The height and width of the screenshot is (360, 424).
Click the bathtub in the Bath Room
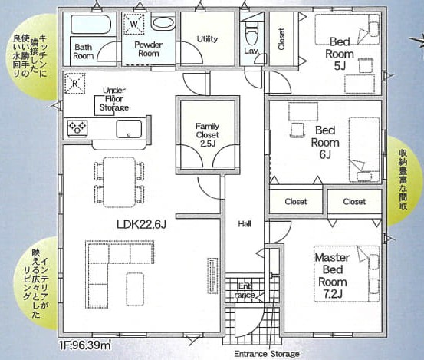pos(90,25)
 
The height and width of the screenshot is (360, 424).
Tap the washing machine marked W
pos(134,24)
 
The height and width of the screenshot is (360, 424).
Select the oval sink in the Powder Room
pos(163,23)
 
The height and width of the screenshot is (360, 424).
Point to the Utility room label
pos(207,39)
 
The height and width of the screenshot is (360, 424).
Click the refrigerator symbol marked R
pos(75,84)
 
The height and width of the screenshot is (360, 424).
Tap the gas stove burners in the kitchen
pos(77,127)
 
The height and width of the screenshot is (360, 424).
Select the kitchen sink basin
pos(129,129)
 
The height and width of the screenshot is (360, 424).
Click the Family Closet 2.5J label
pos(208,134)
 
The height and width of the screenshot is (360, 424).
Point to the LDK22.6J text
pos(141,224)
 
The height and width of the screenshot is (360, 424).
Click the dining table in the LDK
pos(120,182)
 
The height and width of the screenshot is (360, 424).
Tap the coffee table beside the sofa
pos(135,289)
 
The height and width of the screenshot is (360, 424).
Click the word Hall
pos(245,224)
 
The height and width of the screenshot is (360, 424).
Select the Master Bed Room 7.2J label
pos(333,276)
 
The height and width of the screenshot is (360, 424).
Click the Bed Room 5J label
pos(340,54)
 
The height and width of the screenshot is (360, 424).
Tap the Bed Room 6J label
pos(325,142)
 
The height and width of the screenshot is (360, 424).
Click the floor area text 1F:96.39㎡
pos(84,345)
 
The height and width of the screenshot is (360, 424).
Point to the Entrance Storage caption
pos(267,354)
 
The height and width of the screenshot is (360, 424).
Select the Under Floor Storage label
pos(114,99)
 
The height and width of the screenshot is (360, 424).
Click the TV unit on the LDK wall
pos(212,276)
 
